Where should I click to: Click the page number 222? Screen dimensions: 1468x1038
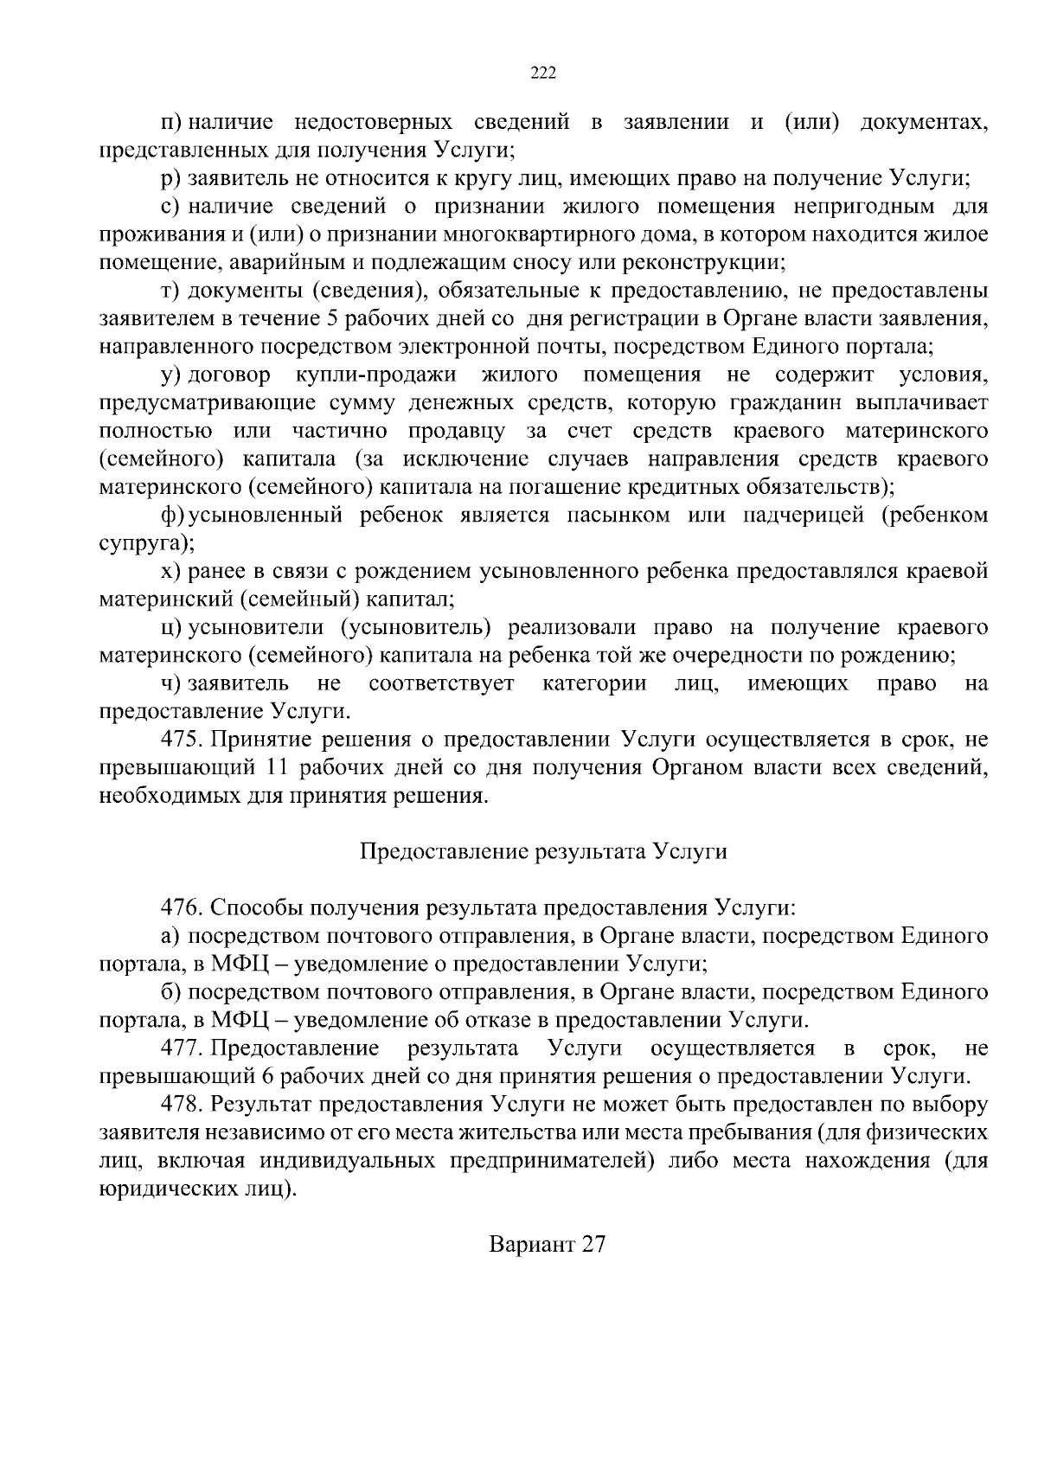click(542, 73)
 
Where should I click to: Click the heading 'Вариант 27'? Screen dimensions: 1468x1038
click(548, 1244)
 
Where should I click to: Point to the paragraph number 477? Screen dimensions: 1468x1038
click(181, 1048)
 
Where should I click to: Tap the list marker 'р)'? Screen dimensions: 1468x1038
click(170, 178)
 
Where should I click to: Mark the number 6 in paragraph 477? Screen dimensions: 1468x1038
click(265, 1076)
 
